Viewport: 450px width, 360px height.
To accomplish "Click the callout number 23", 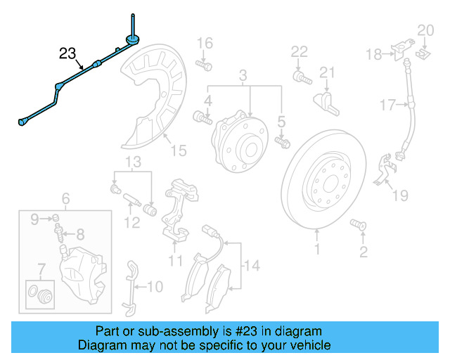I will click(x=67, y=53).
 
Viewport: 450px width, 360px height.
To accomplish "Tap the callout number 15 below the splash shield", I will click(x=179, y=150).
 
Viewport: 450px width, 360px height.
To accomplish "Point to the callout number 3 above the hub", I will click(x=243, y=75).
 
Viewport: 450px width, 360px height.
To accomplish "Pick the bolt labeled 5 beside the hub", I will click(x=283, y=143).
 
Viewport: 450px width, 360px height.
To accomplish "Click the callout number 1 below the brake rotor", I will click(x=316, y=249).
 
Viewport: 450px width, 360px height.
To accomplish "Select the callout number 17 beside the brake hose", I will click(x=388, y=106).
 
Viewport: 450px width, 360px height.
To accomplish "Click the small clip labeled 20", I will click(x=424, y=51).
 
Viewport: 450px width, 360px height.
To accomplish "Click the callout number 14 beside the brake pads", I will click(x=252, y=266).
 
